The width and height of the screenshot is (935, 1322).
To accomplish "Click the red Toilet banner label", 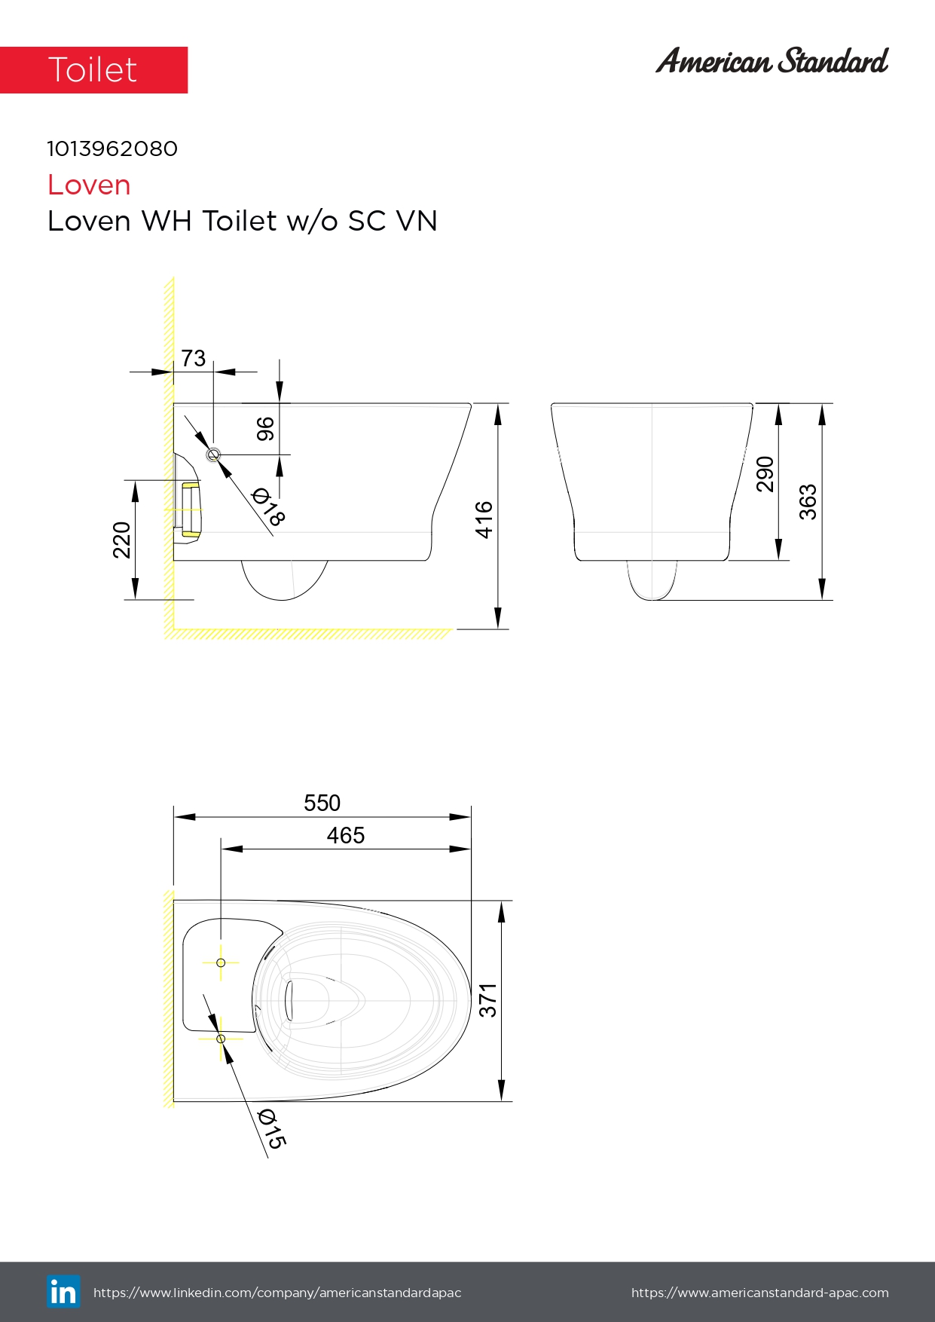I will tap(93, 70).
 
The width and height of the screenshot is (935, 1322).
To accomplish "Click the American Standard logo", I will tap(772, 61).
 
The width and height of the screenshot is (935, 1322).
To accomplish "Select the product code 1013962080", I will tap(112, 148).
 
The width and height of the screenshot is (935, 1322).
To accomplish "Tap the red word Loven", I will tap(89, 185).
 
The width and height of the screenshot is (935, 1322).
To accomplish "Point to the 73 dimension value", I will tap(193, 358).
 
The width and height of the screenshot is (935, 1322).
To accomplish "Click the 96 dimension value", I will tap(265, 429).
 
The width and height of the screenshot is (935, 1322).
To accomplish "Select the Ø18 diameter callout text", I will tap(268, 506).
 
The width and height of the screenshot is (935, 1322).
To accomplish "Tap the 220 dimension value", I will tap(121, 540).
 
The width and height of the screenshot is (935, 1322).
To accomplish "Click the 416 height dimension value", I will tap(484, 519).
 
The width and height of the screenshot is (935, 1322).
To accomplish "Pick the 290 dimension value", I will tap(765, 474).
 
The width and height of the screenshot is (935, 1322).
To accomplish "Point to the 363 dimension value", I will tap(808, 502).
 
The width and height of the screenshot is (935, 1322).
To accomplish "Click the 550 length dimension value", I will tap(322, 803).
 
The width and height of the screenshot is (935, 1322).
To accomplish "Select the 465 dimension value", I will tap(345, 835).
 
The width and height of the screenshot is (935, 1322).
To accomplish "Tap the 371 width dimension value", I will tap(488, 1000).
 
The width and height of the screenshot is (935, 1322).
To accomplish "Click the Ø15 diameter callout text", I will tap(271, 1128).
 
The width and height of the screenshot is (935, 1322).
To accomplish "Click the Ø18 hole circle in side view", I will tap(213, 454).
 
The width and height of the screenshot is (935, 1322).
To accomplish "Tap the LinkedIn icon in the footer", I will tap(63, 1292).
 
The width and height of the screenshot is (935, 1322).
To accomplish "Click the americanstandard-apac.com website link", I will tap(759, 1293).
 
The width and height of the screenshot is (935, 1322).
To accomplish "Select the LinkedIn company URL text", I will tap(277, 1293).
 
